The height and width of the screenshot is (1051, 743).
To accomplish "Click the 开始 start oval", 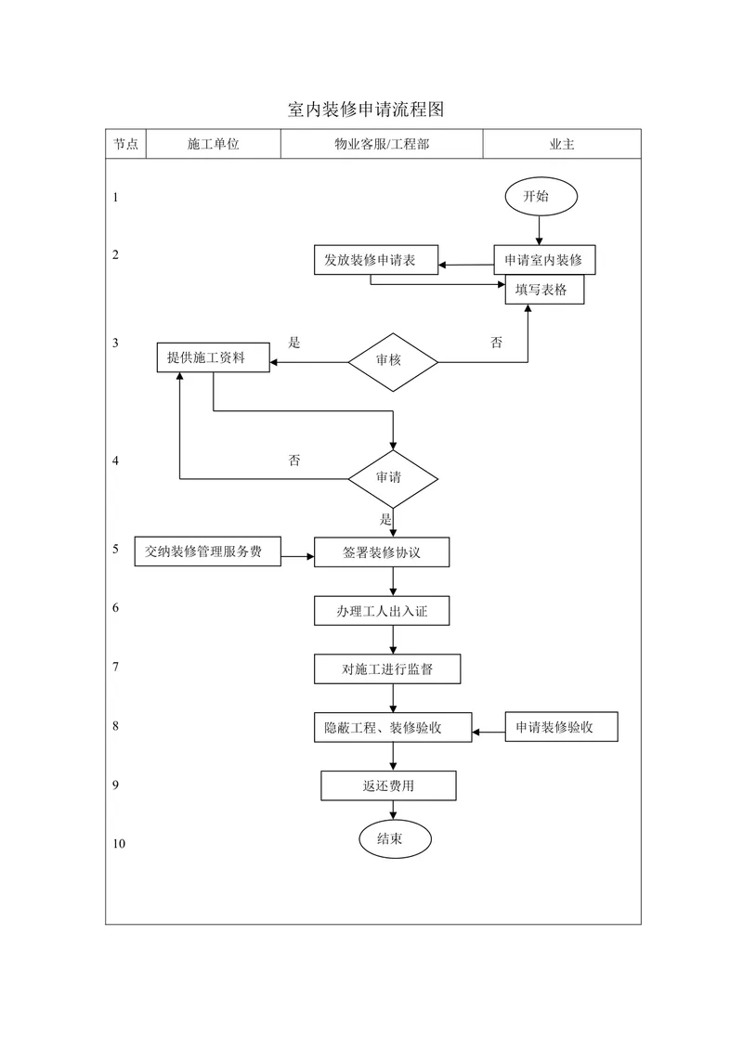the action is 541,197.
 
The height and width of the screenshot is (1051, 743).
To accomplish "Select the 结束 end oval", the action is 395,838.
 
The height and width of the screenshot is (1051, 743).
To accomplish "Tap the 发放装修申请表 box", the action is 376,259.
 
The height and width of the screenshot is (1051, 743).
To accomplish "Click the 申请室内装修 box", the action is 544,259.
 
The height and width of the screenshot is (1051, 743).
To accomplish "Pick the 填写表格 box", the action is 544,290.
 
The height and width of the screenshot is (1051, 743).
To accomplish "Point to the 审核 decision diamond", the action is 393,362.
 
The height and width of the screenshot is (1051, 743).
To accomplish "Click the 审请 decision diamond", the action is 393,478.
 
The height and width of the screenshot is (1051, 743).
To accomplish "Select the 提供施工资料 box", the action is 214,357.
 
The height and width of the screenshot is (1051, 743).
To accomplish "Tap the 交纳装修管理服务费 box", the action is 207,551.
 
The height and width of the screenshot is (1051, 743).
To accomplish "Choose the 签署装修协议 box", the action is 382,552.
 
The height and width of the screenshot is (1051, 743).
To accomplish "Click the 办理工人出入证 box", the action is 382,611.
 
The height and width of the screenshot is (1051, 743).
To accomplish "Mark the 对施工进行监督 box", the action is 387,668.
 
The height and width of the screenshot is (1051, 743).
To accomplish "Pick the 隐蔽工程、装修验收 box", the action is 393,727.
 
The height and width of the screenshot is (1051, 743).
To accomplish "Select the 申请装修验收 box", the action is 561,727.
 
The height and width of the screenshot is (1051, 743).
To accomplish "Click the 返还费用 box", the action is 388,785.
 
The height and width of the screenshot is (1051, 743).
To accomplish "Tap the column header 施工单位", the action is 214,144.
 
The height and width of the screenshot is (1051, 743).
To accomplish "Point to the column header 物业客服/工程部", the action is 382,144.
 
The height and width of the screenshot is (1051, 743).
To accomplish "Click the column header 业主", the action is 562,144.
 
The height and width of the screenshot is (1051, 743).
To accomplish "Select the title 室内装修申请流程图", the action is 366,110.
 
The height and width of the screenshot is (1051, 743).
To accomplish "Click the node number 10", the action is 119,844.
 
